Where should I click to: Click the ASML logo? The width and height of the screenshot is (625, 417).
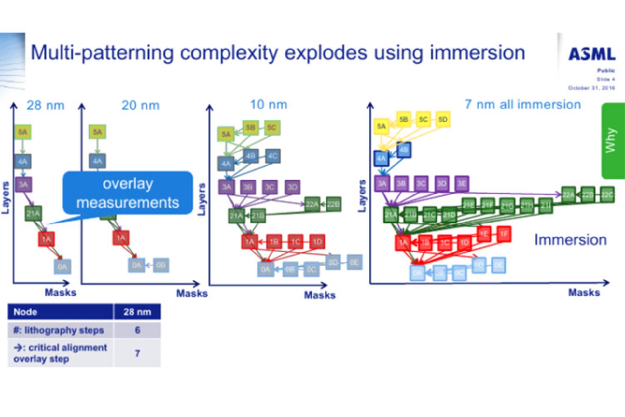[x=592, y=54]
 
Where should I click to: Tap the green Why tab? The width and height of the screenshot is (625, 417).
[x=613, y=141]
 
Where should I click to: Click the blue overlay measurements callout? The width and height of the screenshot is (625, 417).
[x=128, y=193]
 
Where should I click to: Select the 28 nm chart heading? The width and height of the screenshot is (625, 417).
[x=46, y=106]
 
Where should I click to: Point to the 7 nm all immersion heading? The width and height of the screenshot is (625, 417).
[x=523, y=105]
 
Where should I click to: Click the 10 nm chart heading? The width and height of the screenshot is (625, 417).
[x=269, y=105]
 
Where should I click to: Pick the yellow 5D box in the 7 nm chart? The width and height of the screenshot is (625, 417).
[x=442, y=120]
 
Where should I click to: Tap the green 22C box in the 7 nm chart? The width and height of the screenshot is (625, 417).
[x=607, y=195]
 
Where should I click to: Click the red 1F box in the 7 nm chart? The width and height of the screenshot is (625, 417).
[x=504, y=234]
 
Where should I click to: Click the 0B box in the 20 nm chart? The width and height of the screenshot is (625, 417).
[x=161, y=265]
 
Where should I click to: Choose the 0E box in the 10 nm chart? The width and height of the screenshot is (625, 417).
[x=354, y=263]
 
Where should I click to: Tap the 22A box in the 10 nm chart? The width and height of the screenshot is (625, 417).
[x=312, y=204]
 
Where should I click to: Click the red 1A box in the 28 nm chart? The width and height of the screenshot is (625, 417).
[x=46, y=239]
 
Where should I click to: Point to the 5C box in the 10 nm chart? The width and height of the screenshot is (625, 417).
[x=272, y=128]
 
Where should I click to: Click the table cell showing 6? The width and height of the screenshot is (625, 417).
[x=137, y=330]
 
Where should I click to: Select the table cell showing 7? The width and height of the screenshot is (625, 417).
[x=137, y=353]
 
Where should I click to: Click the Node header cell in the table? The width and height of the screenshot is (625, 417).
[x=61, y=312]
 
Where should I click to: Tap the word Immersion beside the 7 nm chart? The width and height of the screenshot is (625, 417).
[x=570, y=240]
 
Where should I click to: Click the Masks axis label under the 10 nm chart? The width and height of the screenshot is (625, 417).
[x=320, y=295]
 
